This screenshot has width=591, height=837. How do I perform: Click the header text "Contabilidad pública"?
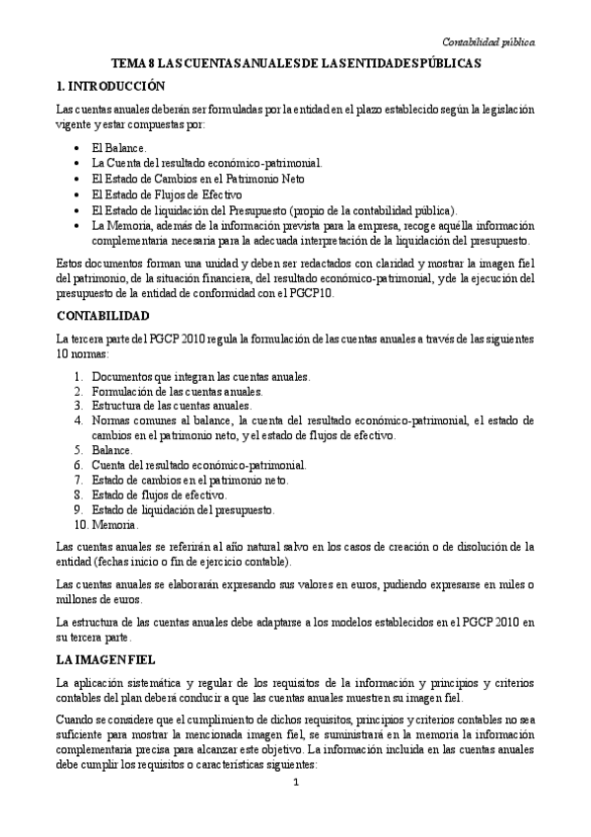(487, 41)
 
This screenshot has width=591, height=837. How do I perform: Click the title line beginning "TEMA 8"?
(295, 62)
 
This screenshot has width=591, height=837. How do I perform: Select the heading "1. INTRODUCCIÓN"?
(117, 87)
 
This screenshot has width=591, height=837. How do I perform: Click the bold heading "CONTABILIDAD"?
(104, 316)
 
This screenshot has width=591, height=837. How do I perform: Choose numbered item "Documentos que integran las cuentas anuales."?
(200, 376)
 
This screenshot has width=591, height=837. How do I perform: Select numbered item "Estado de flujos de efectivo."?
(159, 494)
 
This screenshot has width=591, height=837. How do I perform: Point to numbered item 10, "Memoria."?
(114, 524)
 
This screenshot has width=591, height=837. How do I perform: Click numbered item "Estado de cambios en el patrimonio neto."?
(189, 479)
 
